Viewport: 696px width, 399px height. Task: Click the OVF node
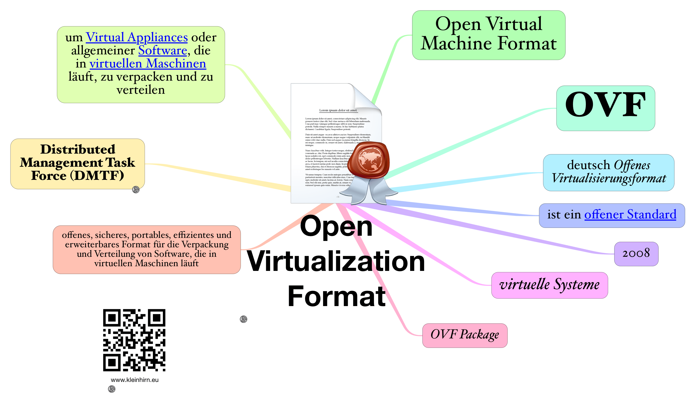click(x=606, y=108)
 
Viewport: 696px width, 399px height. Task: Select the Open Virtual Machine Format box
click(x=489, y=35)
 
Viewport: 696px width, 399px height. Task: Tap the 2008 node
click(x=636, y=254)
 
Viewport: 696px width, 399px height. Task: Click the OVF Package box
click(x=464, y=335)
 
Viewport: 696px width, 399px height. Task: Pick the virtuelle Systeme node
click(x=549, y=285)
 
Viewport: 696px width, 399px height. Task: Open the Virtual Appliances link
click(x=137, y=38)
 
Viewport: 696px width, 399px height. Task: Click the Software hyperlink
click(x=163, y=51)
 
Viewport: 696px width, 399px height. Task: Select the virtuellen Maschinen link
click(x=148, y=64)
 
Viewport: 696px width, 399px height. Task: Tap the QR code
click(x=134, y=340)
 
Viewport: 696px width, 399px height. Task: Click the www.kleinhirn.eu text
click(x=134, y=380)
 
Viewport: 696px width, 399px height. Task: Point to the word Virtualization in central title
click(x=336, y=261)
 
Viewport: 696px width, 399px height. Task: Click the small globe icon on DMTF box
click(x=136, y=189)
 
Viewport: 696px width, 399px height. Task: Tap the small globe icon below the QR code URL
click(x=112, y=389)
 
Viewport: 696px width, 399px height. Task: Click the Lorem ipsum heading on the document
click(x=338, y=111)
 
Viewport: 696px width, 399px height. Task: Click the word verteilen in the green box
click(x=141, y=90)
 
